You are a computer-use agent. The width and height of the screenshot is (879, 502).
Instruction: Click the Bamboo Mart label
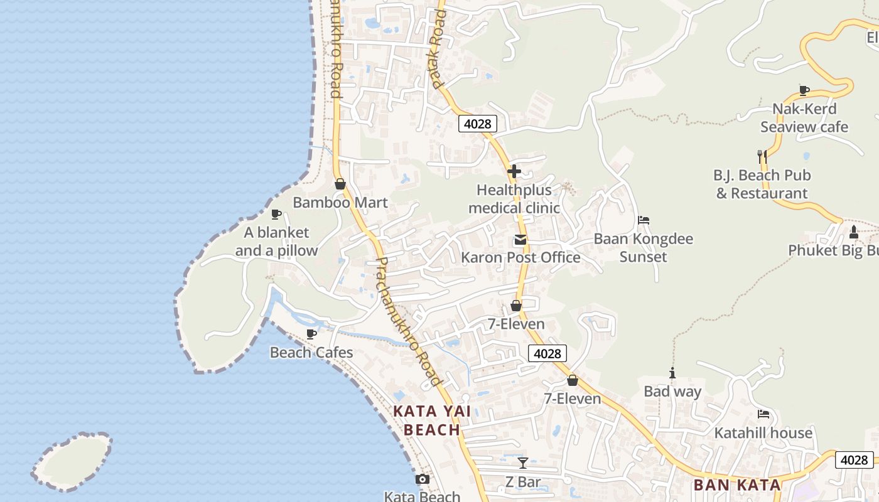[340, 203]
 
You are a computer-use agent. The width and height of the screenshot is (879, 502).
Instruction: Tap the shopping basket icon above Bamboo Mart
[340, 184]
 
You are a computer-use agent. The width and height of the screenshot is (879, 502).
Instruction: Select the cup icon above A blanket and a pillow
[276, 215]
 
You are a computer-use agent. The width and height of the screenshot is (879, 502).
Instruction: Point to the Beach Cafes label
[311, 352]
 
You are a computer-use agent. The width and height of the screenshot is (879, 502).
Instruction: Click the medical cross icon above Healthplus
[514, 171]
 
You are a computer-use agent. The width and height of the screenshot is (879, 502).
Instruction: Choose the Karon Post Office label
[520, 257]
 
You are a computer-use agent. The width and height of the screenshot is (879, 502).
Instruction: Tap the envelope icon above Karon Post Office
[520, 240]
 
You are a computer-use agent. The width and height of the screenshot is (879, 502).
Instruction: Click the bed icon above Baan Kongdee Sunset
[644, 220]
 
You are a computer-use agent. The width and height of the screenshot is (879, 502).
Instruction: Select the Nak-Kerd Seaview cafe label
[804, 118]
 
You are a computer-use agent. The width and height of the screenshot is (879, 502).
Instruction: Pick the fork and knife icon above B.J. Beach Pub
[762, 156]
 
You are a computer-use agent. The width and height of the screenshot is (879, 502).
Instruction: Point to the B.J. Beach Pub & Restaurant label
[762, 184]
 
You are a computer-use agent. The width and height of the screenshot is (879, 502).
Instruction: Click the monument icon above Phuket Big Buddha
[853, 232]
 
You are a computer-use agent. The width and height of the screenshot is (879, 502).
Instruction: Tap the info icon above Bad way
[672, 373]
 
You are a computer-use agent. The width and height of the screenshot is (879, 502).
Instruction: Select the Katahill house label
[763, 433]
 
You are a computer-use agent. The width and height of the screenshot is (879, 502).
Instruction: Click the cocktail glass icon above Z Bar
[523, 463]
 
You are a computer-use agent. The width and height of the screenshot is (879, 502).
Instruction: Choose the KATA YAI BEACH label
[432, 420]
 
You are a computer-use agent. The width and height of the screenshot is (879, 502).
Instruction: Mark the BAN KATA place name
[737, 484]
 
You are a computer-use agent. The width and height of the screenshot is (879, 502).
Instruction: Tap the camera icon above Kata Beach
[423, 479]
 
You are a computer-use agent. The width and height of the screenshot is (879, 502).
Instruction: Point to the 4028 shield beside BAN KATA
[855, 460]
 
